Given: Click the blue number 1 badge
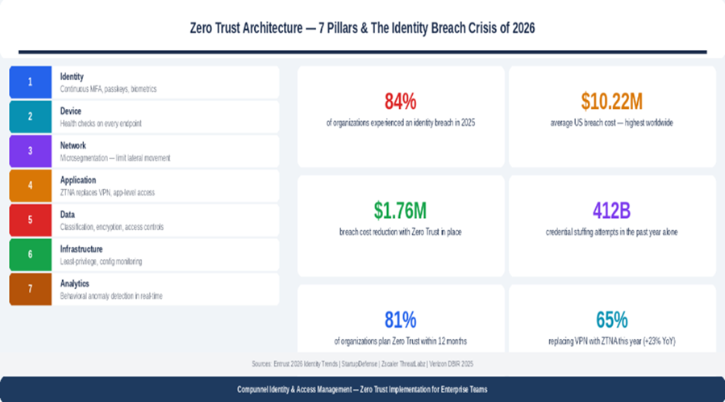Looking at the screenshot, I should click(x=30, y=82).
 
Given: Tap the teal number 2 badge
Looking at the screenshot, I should click(x=30, y=116).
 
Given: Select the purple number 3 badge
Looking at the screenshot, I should click(x=30, y=151).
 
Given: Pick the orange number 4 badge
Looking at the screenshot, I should click(x=30, y=186).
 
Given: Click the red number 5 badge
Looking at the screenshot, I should click(x=30, y=220).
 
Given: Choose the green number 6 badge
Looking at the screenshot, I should click(x=30, y=254).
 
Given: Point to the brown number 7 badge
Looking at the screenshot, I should click(x=30, y=289).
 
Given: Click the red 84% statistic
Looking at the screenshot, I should click(x=400, y=102).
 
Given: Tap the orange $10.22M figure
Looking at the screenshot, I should click(x=611, y=102).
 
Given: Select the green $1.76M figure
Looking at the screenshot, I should click(x=400, y=211).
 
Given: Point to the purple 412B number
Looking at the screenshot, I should click(x=611, y=211).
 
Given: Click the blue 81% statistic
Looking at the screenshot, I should click(x=400, y=320).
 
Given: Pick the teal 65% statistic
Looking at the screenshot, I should click(x=611, y=320).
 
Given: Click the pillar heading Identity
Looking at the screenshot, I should click(x=72, y=77).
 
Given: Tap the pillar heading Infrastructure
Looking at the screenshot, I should click(x=81, y=249).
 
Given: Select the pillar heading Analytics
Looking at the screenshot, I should click(x=74, y=283).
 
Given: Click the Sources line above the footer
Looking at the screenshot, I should click(x=362, y=364).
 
